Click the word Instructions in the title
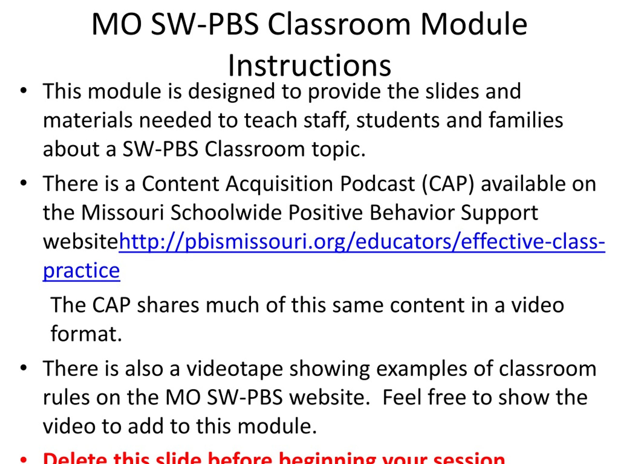309,66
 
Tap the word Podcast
377,184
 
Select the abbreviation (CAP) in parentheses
448,184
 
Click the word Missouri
122,213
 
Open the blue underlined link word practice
81,270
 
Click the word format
86,334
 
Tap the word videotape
235,369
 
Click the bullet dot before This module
23,91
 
